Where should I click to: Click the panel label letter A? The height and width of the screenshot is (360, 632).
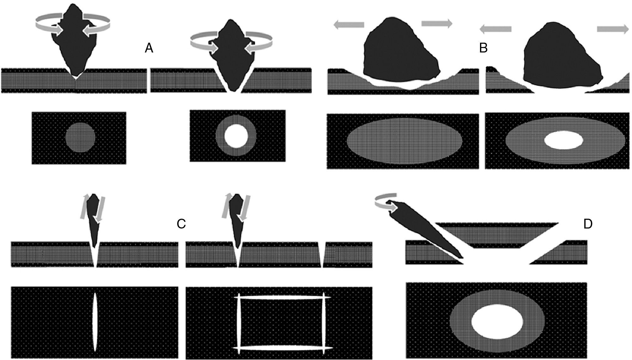(x=149, y=48)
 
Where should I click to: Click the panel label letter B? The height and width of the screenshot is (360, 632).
(x=483, y=48)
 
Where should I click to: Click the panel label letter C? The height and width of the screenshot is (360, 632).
(x=181, y=224)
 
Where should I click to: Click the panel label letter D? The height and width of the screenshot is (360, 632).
(x=588, y=224)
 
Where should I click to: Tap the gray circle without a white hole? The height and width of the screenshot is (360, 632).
(x=80, y=137)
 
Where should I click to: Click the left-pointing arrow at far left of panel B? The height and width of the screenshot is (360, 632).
(x=349, y=25)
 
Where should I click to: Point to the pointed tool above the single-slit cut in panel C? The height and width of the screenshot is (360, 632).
(x=94, y=221)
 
